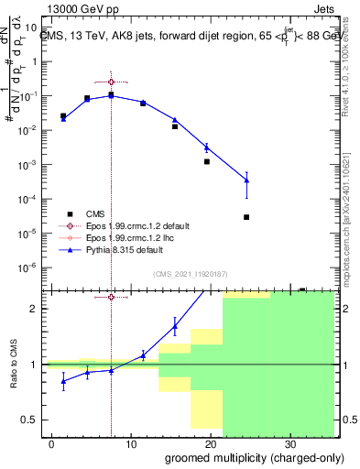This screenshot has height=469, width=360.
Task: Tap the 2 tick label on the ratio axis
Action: pyautogui.click(x=37, y=309)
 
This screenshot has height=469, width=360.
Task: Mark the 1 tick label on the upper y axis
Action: pyautogui.click(x=37, y=61)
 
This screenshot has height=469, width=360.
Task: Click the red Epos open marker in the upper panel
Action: pyautogui.click(x=111, y=82)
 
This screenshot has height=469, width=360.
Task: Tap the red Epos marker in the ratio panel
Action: pyautogui.click(x=111, y=297)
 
